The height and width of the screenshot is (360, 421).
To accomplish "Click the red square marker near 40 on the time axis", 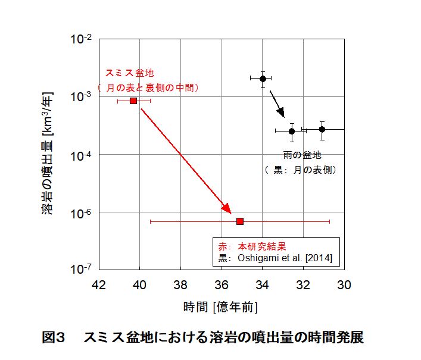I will [133, 101].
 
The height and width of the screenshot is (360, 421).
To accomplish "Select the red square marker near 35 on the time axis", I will [240, 221].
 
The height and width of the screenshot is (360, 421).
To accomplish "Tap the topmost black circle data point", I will [263, 79].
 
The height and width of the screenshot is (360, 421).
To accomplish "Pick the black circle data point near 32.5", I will [292, 131].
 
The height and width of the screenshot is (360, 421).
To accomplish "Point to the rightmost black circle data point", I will [322, 129].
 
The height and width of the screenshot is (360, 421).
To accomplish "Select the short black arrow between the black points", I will [277, 104].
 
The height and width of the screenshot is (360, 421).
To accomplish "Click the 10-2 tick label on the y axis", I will [81, 40].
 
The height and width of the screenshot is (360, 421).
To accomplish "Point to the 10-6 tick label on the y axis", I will [81, 212].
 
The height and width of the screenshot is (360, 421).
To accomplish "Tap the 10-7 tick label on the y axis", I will [81, 269].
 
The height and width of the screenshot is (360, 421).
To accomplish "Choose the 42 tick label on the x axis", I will [99, 284].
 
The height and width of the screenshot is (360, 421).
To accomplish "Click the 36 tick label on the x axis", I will [222, 284].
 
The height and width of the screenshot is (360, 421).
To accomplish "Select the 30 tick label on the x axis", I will [344, 284].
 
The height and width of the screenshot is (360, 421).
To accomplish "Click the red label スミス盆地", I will [129, 73].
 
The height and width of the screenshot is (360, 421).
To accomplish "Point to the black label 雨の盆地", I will [302, 155].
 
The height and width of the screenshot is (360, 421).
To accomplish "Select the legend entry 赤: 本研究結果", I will [253, 246].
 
